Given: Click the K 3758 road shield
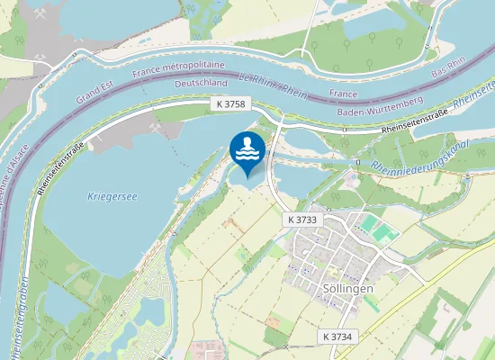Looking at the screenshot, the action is (x=230, y=105).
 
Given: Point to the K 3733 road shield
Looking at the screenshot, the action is (x=301, y=220).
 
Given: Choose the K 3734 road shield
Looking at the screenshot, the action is (x=338, y=336).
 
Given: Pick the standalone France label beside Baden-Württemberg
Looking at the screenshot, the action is (x=344, y=93).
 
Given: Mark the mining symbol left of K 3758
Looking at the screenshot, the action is (x=157, y=128).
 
